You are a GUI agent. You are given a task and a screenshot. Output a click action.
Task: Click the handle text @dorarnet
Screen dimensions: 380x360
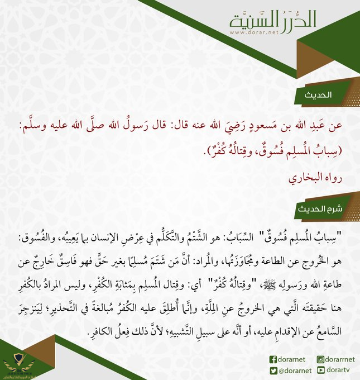pyautogui.click(x=294, y=369)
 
